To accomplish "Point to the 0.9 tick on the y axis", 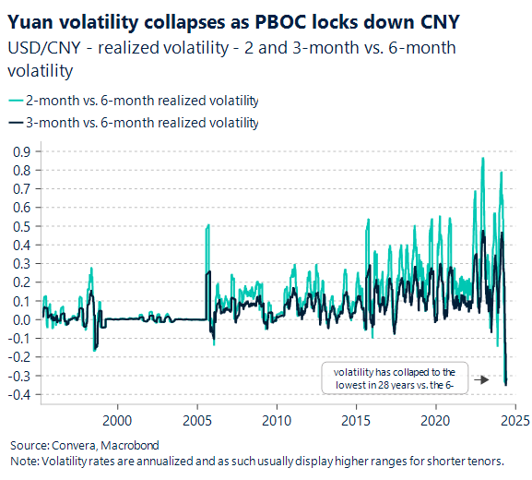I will [19, 151].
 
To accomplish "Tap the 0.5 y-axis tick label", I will [19, 226].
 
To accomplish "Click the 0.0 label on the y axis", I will [19, 320].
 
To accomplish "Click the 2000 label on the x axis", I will [118, 419].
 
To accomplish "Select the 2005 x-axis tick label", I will [197, 419].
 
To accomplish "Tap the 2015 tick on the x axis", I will [356, 419].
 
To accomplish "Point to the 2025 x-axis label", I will [514, 419].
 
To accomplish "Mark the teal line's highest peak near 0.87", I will [482, 159].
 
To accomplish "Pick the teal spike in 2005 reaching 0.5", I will [208, 225].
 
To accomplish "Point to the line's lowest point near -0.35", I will [506, 384].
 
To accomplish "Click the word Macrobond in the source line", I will [132, 444].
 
